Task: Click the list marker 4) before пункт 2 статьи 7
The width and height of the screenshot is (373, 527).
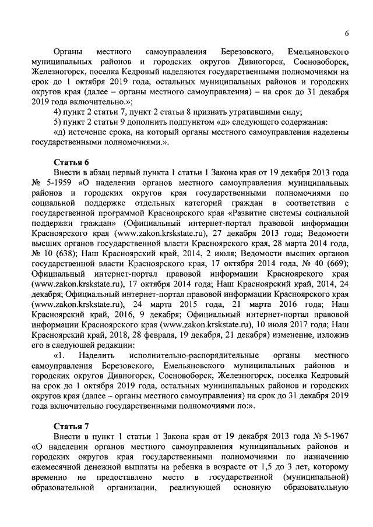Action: tap(57, 112)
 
